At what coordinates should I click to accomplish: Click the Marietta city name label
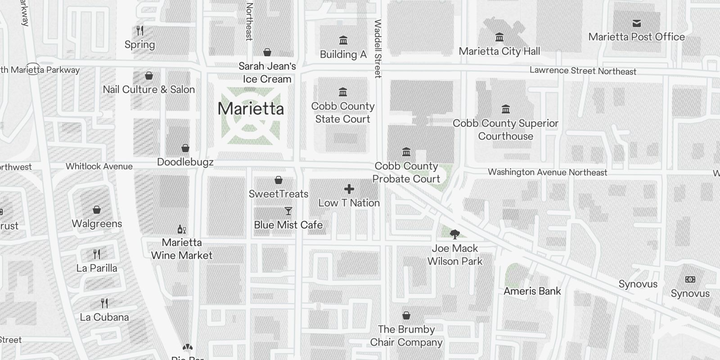tap(251, 109)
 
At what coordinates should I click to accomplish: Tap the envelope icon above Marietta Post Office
tap(636, 23)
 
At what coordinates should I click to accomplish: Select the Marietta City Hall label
tap(499, 51)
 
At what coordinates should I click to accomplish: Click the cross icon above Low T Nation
tap(349, 189)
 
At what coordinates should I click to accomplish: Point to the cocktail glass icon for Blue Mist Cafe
tap(288, 211)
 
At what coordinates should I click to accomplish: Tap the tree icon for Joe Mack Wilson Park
tap(454, 234)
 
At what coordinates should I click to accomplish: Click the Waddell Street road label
tap(378, 49)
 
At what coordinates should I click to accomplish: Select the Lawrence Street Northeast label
tap(583, 71)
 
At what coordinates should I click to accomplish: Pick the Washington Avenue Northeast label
tap(547, 172)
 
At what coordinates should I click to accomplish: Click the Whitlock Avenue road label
tap(99, 166)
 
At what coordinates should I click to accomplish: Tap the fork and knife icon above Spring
tap(140, 31)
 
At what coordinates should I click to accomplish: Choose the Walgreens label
tap(97, 224)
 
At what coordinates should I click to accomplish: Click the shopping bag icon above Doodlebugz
tap(185, 148)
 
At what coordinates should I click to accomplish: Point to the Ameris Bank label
tap(532, 291)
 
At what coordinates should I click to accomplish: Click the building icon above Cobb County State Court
tap(343, 92)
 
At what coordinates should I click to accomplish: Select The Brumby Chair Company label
tap(406, 336)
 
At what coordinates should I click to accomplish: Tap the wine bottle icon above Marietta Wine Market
tap(182, 229)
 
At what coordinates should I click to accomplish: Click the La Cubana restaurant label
tap(104, 317)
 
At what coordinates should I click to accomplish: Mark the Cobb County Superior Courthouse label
tap(505, 130)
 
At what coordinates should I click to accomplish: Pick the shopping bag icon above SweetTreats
tap(279, 180)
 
